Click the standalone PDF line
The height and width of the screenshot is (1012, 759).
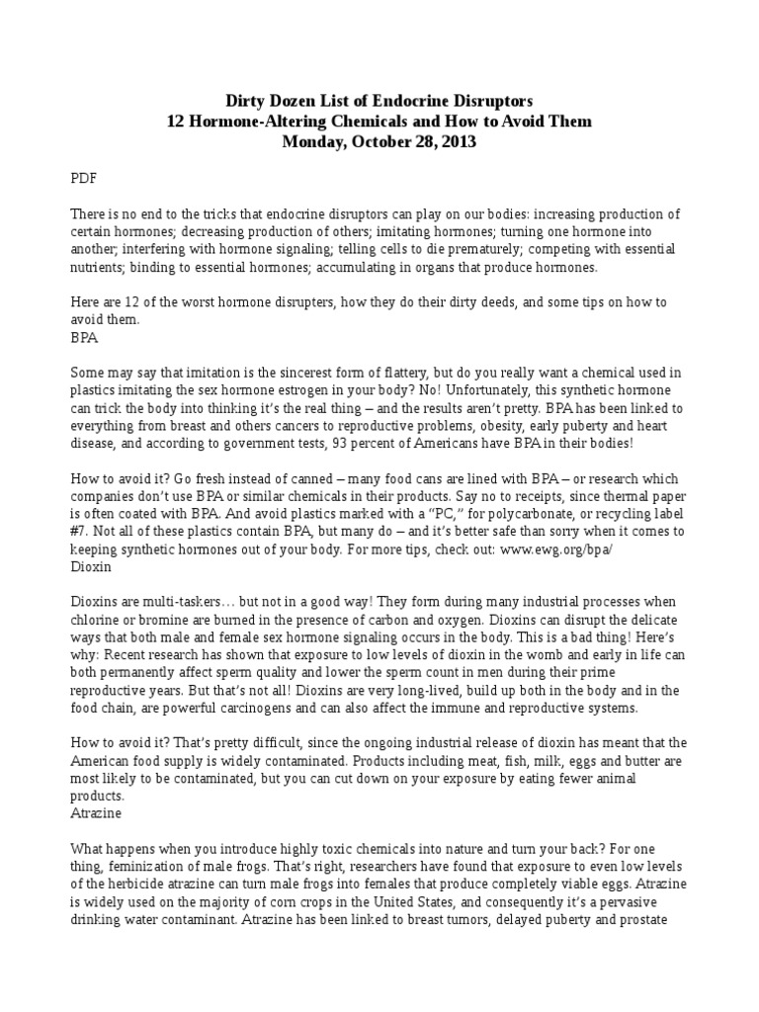[85, 181]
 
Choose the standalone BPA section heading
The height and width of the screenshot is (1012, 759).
[85, 336]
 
